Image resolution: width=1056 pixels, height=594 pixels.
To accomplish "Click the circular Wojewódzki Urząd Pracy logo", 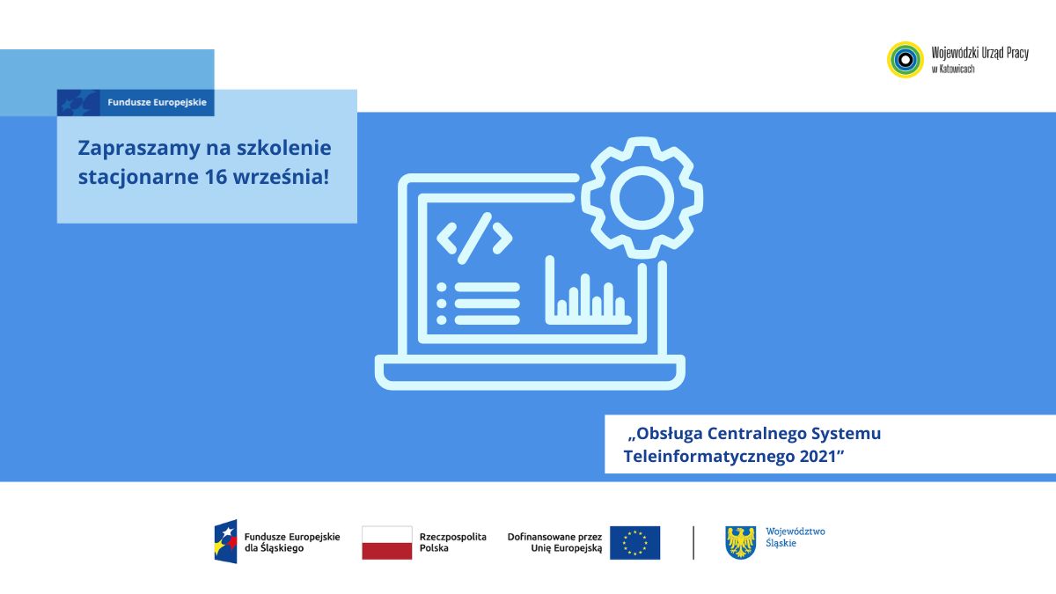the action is (x=906, y=60).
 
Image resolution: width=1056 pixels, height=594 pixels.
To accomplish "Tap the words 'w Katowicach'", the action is (x=953, y=69).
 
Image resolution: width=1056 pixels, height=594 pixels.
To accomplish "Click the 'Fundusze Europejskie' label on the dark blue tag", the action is (x=157, y=102).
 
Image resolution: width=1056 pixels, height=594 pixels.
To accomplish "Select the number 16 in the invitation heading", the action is (x=215, y=177).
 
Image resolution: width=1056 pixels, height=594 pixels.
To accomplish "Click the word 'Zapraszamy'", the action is (x=139, y=149).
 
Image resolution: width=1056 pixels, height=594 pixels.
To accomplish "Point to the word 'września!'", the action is (x=281, y=177).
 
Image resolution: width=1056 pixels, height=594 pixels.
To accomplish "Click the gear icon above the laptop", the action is (x=642, y=198).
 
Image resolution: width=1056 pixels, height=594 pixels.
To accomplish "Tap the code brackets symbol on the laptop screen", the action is (x=474, y=238).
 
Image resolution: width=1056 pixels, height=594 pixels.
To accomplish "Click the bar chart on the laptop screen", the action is (x=588, y=290).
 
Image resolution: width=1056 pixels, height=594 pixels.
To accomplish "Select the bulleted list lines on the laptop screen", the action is (x=478, y=304).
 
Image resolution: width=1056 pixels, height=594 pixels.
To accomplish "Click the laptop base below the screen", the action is (x=530, y=372).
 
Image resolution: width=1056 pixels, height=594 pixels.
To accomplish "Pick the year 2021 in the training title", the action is (x=821, y=457).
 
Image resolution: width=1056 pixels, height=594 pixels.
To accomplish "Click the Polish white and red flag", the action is (x=387, y=543).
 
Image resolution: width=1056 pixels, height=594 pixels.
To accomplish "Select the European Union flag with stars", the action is (x=635, y=543).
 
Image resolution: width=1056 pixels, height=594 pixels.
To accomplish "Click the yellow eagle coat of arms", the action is (x=741, y=543).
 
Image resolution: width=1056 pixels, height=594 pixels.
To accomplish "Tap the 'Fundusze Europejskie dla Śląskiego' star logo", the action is (x=226, y=542).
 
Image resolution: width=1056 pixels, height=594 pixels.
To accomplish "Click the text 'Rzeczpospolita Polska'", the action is (x=452, y=543).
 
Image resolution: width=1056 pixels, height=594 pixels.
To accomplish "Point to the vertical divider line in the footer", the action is (x=693, y=543).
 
